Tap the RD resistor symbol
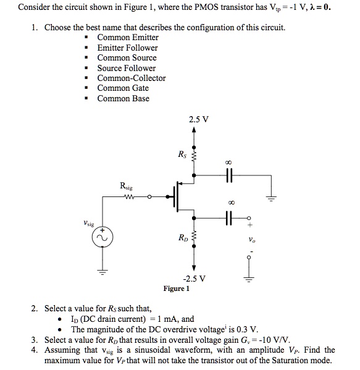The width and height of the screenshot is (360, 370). click(x=195, y=238)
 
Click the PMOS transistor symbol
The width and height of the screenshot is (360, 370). click(x=180, y=198)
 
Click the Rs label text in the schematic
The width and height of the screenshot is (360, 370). click(x=180, y=154)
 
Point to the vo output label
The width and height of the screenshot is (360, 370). click(x=251, y=239)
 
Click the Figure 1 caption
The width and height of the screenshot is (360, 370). click(x=176, y=288)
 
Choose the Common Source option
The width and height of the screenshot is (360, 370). click(x=127, y=58)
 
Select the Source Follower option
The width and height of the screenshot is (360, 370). click(x=127, y=68)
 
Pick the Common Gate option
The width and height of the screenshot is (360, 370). click(x=123, y=88)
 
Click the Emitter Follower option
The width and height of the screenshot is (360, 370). click(x=127, y=48)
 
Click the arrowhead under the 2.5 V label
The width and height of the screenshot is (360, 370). click(x=195, y=130)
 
